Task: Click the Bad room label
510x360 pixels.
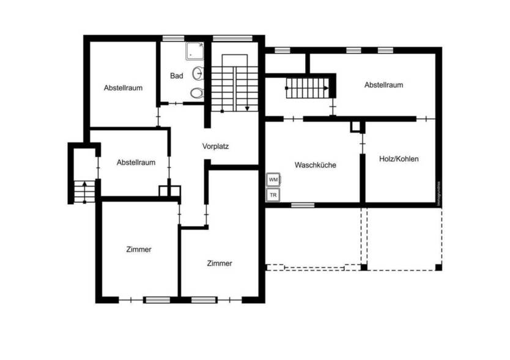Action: (x=177, y=76)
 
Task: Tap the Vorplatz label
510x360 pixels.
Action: (x=215, y=147)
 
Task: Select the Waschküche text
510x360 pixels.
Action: (x=315, y=165)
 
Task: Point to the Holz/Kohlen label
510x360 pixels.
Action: (x=399, y=159)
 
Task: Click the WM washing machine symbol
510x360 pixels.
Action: (x=273, y=180)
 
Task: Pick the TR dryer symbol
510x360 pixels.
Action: (x=273, y=195)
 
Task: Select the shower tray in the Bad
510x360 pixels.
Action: (x=194, y=51)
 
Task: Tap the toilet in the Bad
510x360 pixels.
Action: (x=196, y=93)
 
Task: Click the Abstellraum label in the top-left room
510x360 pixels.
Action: (x=123, y=88)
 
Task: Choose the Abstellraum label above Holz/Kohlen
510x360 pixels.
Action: (x=383, y=85)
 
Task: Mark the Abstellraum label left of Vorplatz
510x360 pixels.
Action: (x=136, y=163)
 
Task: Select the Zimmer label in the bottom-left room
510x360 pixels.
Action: (x=139, y=249)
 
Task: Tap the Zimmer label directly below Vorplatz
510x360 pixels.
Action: (x=220, y=263)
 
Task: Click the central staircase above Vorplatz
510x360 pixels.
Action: (x=235, y=82)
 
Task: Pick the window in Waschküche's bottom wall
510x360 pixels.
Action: (x=302, y=205)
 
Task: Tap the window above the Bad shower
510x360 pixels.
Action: (x=173, y=38)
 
